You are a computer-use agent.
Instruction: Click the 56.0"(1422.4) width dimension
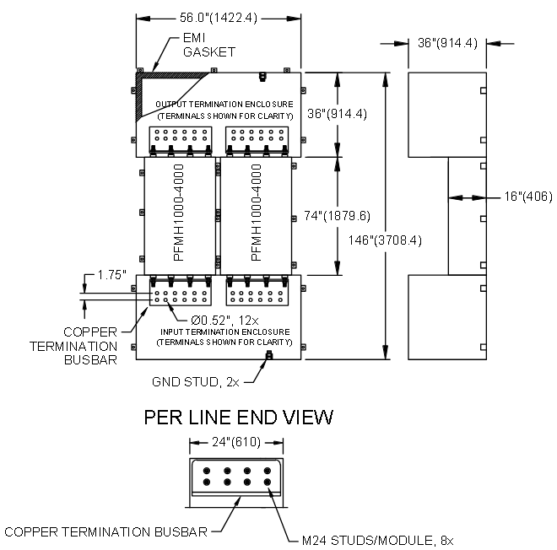point(218,18)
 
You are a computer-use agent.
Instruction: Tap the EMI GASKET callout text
point(209,45)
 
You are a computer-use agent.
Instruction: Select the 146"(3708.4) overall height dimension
point(385,240)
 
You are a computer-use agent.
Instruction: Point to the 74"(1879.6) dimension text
point(337,216)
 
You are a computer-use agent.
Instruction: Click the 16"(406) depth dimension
point(528,197)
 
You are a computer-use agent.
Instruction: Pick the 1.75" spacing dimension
point(112,275)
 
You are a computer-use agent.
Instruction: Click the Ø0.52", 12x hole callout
point(224,321)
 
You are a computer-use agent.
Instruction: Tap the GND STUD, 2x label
point(196,382)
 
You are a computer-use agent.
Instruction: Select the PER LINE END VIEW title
point(239,418)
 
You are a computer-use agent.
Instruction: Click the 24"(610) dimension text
point(236,442)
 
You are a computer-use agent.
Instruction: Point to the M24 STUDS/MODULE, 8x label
point(377,541)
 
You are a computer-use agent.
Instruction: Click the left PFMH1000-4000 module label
point(179,213)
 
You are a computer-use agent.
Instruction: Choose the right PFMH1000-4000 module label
point(256,213)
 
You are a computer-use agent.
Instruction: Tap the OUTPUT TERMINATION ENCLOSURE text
point(224,105)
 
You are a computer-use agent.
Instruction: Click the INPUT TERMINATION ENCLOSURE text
point(225,332)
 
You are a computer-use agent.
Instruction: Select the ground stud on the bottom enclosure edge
point(269,354)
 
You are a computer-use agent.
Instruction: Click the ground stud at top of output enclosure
point(262,77)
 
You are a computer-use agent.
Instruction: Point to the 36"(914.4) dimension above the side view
point(447,43)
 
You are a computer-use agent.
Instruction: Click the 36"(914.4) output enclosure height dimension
point(337,114)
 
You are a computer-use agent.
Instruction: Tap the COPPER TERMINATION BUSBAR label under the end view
point(105,532)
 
